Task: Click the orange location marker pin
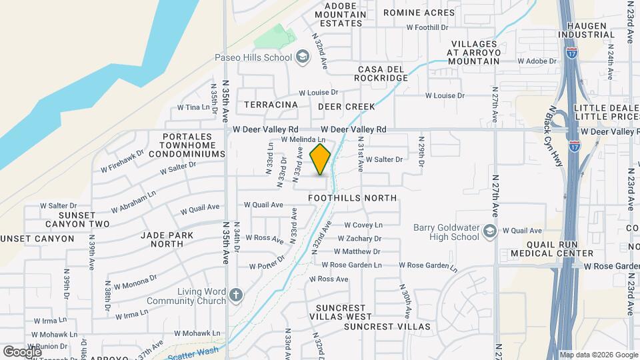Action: [x=321, y=159]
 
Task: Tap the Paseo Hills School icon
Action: [x=302, y=57]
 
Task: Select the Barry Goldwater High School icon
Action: [x=491, y=231]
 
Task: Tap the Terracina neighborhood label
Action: [x=271, y=105]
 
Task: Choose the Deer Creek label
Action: [x=346, y=106]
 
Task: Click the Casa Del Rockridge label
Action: [x=383, y=73]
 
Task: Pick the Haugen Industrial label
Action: [x=586, y=29]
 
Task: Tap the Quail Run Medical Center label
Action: [x=551, y=248]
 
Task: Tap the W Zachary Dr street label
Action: [x=359, y=238]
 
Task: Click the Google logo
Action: [x=22, y=351]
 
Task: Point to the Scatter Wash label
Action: [x=193, y=353]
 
